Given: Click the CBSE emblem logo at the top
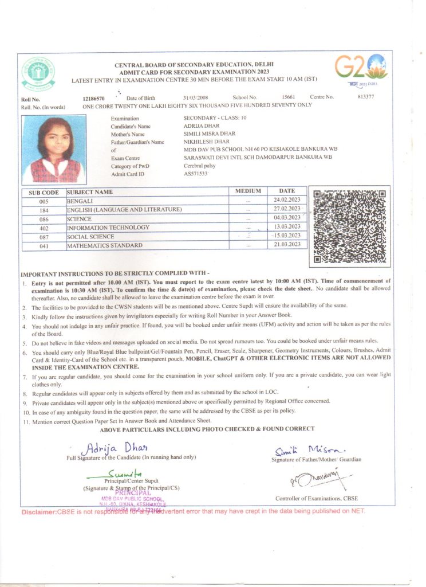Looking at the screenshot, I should (38, 74).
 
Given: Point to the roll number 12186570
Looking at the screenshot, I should (94, 98).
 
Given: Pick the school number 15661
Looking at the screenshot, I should (289, 97).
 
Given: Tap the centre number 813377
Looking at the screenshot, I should (365, 97).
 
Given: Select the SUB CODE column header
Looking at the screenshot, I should (44, 193).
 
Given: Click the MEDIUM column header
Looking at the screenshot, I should (248, 191).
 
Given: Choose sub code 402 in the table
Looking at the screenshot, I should (44, 228).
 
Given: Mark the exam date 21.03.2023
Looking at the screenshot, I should (287, 245).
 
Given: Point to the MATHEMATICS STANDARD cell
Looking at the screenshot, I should (105, 246).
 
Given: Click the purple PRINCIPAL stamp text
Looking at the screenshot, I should (133, 492).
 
